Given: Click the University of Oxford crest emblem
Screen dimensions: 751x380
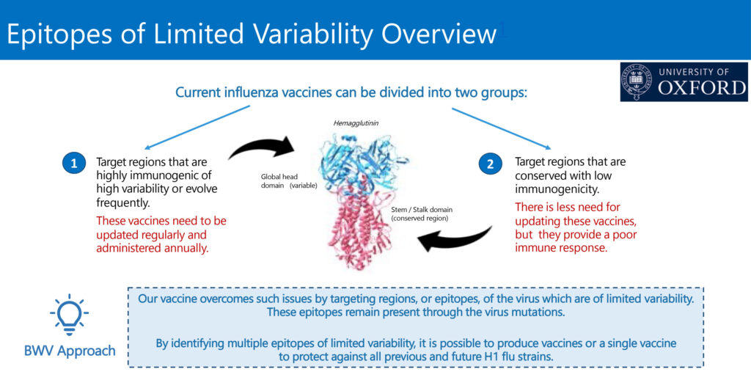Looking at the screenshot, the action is (x=637, y=81).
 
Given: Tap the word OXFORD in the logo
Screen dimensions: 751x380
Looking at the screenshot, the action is (x=702, y=88).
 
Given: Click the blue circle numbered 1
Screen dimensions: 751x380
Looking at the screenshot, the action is (x=74, y=164).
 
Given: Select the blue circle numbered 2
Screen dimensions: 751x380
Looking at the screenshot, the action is (x=491, y=164).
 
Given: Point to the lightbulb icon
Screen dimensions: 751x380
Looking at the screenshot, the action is (x=70, y=315).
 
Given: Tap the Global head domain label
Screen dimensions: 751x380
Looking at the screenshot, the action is (x=289, y=181).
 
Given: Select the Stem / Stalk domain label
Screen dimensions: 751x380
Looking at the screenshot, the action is (x=422, y=213).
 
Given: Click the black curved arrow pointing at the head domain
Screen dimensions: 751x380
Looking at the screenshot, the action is (x=261, y=147).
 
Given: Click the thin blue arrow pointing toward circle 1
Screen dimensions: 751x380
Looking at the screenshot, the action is (x=197, y=127).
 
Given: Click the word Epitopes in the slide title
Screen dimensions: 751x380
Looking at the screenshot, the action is (x=68, y=34).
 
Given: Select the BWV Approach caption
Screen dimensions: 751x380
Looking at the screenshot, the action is (x=70, y=351).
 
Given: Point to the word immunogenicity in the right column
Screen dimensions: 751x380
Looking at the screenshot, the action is (x=557, y=189).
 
